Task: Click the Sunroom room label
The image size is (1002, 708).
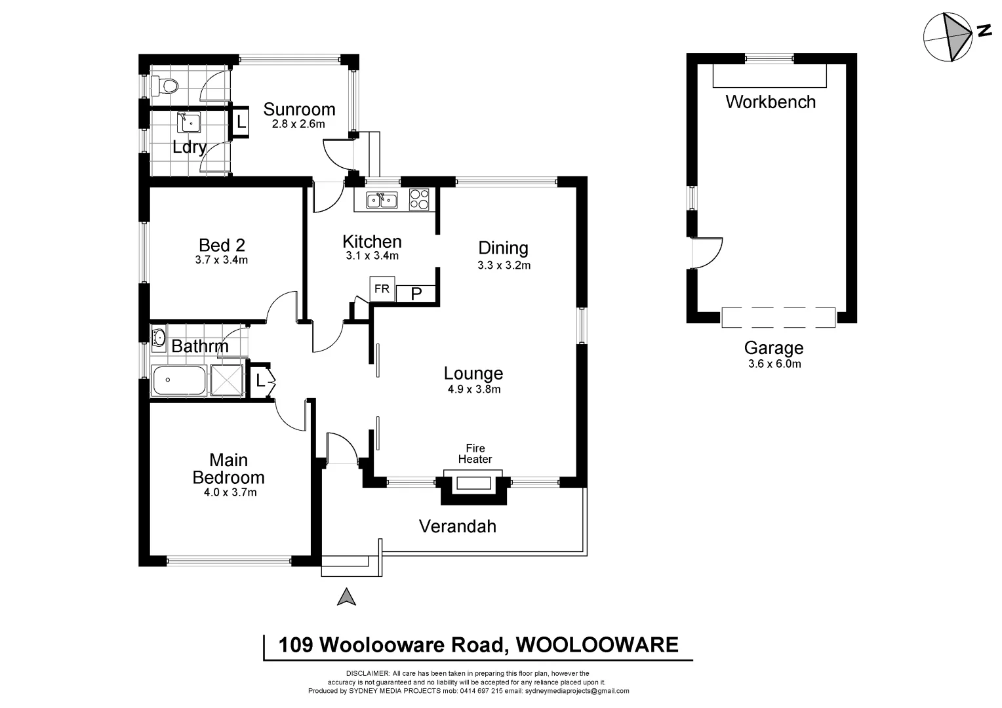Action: coord(299,109)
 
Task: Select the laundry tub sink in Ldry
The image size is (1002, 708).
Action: coord(188,122)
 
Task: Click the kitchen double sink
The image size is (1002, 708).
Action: coord(382,199)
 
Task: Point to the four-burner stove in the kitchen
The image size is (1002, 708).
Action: coord(419,199)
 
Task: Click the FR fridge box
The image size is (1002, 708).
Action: coord(382,288)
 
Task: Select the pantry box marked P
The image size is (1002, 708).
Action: coord(416,294)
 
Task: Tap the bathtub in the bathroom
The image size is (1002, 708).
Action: coord(178,381)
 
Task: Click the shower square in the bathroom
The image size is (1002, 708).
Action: coord(227,381)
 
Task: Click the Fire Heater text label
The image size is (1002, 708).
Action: coord(475,454)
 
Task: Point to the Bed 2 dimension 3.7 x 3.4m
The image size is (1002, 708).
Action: coord(222,260)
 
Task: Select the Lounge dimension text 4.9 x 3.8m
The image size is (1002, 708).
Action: coord(473,389)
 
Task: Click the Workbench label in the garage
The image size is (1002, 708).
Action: coord(771,102)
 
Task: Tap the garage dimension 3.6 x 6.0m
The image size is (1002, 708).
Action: coord(774,364)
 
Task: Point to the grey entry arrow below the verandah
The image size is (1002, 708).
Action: coord(346,597)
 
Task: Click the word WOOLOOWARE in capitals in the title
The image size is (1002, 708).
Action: coord(597,645)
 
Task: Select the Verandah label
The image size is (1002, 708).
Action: coord(457,526)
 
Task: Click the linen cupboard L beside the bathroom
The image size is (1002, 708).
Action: coord(260,380)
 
